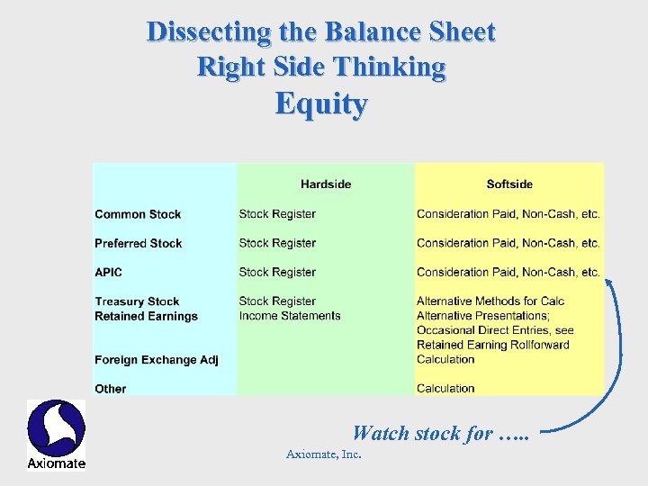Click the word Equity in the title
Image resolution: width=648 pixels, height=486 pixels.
coord(321,104)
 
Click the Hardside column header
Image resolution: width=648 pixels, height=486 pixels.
coord(326,184)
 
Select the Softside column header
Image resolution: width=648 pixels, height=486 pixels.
coord(509,184)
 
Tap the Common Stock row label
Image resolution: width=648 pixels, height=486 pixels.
coord(138,214)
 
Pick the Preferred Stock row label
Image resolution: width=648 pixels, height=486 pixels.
coord(138,243)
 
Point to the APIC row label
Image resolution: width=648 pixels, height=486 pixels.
coord(108,272)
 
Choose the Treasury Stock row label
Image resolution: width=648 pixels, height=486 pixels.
coord(137,301)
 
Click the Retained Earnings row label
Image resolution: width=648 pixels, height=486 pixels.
coord(146,316)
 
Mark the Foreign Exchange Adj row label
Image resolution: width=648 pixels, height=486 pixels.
coord(156,360)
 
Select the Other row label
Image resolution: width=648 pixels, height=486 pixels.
coord(110,389)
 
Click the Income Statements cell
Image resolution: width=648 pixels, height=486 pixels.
coord(290,316)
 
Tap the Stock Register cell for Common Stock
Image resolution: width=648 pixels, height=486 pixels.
coord(277,214)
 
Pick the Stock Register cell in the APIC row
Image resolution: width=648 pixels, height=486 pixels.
coord(277,272)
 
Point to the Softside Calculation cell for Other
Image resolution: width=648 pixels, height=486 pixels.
coord(445,389)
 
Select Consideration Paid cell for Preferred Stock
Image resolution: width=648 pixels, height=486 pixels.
coord(508,243)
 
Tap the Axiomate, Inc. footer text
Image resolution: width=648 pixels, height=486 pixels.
coord(323,454)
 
